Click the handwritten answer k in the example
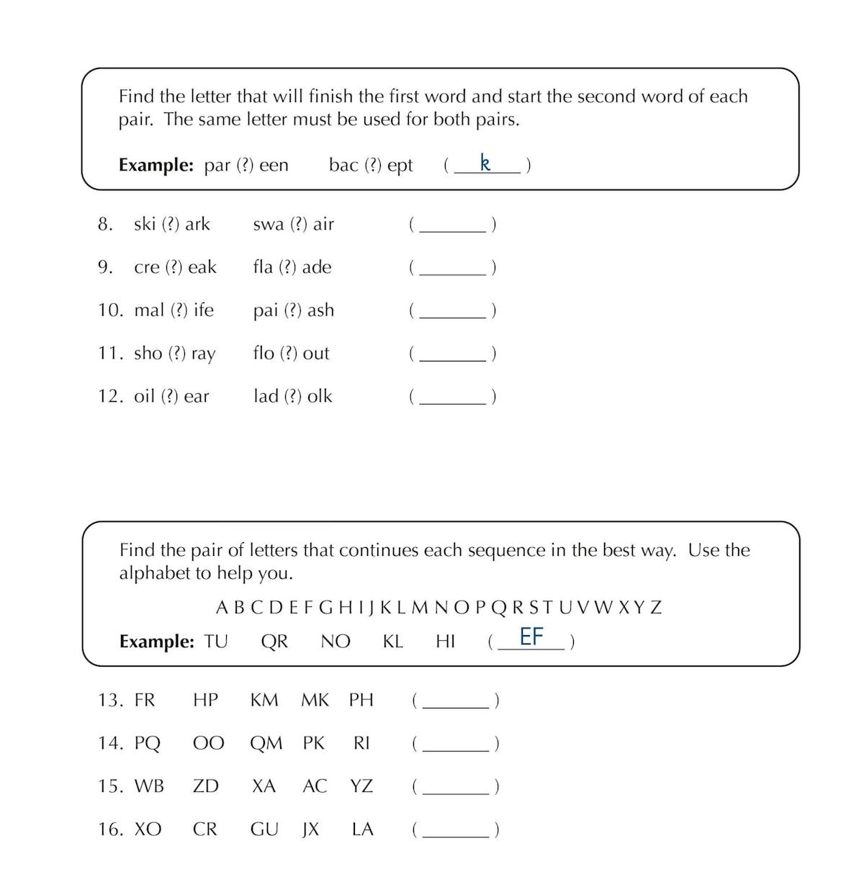(485, 163)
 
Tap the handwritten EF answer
(531, 636)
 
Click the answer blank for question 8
(452, 226)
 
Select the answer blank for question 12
(452, 398)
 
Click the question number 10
(111, 310)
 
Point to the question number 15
(111, 786)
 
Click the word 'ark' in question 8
(197, 224)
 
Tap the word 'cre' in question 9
(147, 267)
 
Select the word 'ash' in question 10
(320, 310)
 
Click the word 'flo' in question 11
(264, 353)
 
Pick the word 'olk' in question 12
(320, 396)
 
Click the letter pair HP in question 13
(205, 700)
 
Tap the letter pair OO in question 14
(208, 743)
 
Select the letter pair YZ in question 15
(361, 786)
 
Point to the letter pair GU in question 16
(264, 829)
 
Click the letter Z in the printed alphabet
(655, 608)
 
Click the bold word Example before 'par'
(156, 165)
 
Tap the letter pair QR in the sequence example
(274, 642)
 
